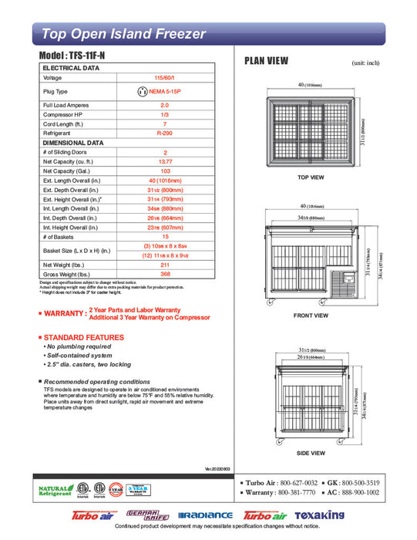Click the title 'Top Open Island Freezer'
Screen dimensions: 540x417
click(123, 33)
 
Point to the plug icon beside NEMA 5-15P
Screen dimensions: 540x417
click(142, 91)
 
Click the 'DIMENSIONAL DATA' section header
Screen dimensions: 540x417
click(73, 143)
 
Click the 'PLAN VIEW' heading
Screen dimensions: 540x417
click(266, 61)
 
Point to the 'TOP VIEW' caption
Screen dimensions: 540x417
click(310, 177)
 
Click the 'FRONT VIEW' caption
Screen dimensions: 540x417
click(311, 316)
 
